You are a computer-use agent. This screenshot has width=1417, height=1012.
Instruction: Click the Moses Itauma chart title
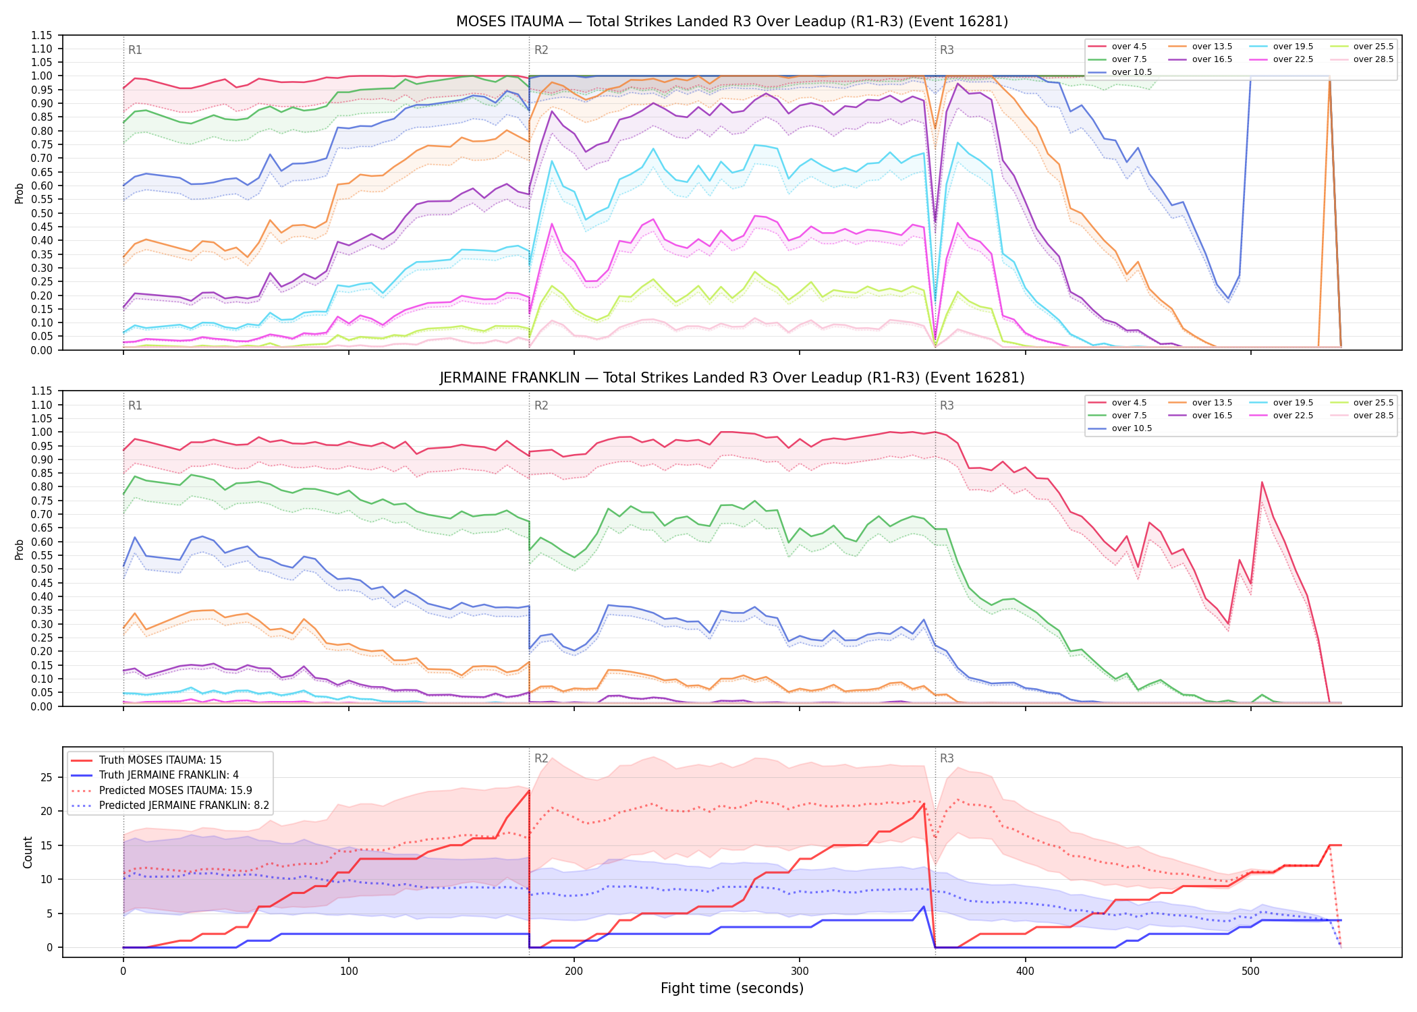[x=732, y=22]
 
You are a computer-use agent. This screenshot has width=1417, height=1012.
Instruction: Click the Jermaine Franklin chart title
[x=732, y=378]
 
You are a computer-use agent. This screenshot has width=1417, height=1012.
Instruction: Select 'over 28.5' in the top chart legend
[x=1373, y=59]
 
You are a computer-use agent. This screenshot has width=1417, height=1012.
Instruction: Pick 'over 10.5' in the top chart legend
[x=1132, y=72]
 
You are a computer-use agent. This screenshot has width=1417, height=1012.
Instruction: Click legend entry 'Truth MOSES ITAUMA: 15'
[x=160, y=760]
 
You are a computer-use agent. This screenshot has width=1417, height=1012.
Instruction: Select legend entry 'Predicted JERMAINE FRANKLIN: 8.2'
[x=184, y=805]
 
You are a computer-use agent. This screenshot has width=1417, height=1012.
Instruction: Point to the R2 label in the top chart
[x=541, y=50]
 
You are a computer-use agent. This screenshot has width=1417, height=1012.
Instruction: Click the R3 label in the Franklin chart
[x=947, y=405]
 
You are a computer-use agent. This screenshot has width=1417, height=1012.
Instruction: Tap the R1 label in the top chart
[x=135, y=50]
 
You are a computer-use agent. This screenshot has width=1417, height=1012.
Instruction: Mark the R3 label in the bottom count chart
[x=947, y=758]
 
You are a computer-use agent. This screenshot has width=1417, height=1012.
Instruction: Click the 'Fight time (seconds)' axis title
[x=732, y=988]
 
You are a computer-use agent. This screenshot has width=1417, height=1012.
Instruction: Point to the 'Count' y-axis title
[x=28, y=852]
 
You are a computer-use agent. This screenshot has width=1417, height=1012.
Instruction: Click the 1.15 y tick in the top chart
[x=42, y=35]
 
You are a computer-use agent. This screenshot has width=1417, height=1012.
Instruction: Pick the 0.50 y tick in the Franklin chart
[x=42, y=569]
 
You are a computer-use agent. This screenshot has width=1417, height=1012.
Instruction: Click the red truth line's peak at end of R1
[x=529, y=790]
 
